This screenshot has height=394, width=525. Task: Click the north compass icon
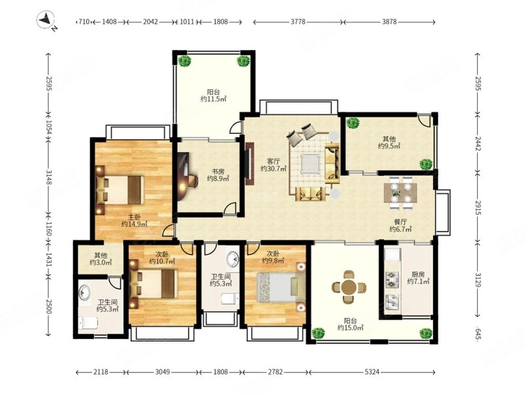click(46, 20)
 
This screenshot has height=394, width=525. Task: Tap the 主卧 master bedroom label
click(135, 217)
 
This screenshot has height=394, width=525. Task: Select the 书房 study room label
click(218, 171)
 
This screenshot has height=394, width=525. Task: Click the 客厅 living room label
click(274, 161)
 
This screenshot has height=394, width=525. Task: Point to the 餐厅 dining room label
click(400, 222)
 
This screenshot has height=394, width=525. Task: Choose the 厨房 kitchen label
click(418, 274)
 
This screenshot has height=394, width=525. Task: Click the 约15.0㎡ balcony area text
click(350, 328)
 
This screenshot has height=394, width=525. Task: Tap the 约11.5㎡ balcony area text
click(214, 99)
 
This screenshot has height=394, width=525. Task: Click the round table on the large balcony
click(349, 287)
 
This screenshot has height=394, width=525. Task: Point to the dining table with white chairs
click(400, 192)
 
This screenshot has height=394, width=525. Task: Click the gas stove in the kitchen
click(390, 280)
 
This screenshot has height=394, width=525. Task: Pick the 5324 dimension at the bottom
click(372, 372)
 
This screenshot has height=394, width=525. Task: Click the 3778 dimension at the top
click(298, 22)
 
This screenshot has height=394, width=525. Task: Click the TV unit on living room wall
click(250, 164)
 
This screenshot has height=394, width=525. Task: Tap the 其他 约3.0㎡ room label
click(101, 259)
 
